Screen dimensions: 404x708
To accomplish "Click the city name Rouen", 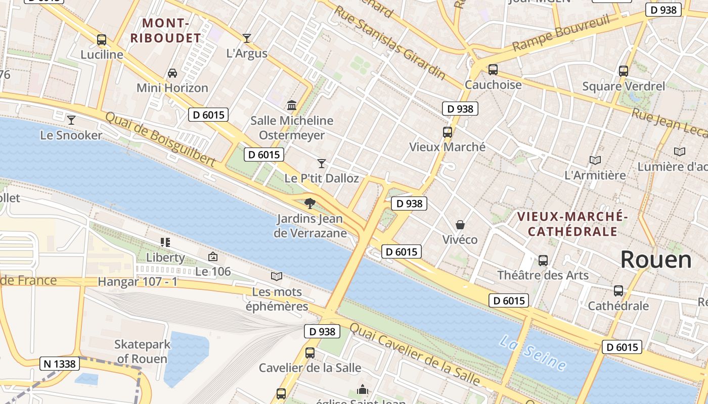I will click(656, 260).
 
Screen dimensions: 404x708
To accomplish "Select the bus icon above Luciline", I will click(102, 40).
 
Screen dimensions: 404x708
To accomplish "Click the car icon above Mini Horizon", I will click(172, 73).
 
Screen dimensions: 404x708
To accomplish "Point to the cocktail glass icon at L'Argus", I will click(247, 38).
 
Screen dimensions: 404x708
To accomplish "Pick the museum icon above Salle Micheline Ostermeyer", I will click(292, 106).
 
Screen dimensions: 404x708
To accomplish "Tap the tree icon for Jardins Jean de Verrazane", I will click(310, 204).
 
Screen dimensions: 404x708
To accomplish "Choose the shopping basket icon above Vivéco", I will click(460, 224).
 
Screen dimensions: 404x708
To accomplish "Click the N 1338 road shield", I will click(60, 364).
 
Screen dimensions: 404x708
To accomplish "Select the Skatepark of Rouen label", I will click(142, 351).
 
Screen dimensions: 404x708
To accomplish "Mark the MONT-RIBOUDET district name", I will click(166, 30).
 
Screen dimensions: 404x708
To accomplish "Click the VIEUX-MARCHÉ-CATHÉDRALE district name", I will click(572, 224).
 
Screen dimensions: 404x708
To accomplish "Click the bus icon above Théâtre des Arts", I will click(543, 261).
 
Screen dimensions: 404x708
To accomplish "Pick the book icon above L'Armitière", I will click(595, 160).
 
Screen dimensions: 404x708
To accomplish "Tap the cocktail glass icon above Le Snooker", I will click(71, 120).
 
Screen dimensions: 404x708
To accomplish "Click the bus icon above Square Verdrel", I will click(623, 71).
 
